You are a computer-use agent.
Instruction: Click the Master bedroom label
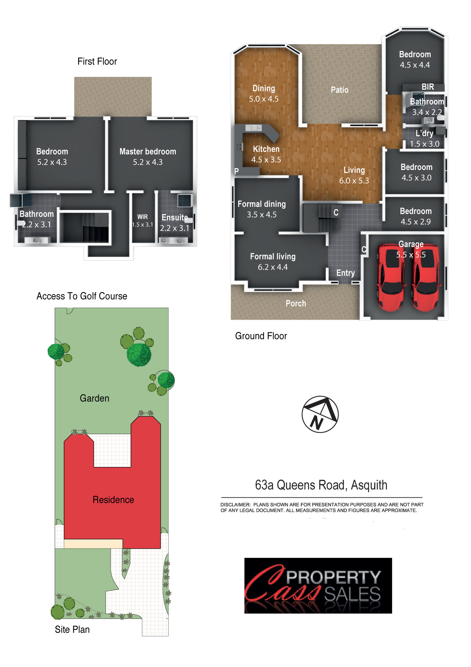click(148, 151)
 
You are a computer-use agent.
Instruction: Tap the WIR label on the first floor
click(143, 217)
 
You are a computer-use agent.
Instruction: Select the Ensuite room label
click(175, 218)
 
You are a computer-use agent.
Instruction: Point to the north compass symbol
click(320, 414)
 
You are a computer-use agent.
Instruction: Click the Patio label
click(340, 90)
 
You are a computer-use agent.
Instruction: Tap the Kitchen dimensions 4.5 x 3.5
click(266, 160)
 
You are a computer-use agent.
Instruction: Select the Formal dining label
click(262, 204)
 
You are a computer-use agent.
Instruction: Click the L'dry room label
click(424, 133)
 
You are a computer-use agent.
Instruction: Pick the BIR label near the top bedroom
click(428, 87)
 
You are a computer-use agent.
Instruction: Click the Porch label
click(296, 303)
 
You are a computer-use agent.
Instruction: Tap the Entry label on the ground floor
click(346, 273)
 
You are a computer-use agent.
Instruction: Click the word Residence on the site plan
click(113, 500)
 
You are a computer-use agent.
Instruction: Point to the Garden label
click(95, 398)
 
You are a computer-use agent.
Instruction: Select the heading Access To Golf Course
click(82, 296)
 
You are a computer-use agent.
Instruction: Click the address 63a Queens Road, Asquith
click(321, 485)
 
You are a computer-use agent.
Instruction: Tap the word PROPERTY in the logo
click(333, 577)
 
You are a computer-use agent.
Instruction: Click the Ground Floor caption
click(261, 336)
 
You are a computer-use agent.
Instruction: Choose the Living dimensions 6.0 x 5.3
click(354, 181)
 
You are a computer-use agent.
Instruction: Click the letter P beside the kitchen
click(236, 171)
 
